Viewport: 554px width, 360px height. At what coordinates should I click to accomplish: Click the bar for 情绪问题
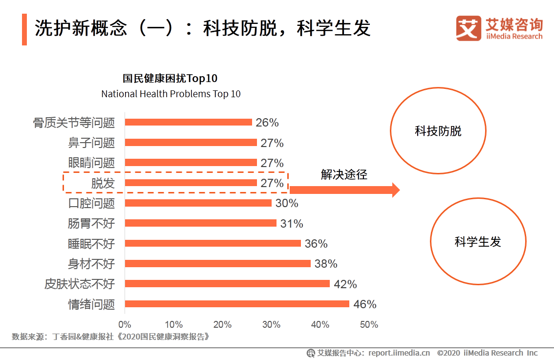[x=237, y=304]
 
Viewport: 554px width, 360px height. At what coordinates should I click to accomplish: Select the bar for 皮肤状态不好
[x=227, y=284]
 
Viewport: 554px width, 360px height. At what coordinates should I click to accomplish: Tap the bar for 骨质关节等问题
[x=189, y=122]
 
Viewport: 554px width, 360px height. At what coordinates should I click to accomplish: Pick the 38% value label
[x=326, y=264]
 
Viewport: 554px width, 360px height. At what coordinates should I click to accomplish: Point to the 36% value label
[x=316, y=244]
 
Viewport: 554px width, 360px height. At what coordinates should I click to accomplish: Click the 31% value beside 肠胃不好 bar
[x=292, y=224]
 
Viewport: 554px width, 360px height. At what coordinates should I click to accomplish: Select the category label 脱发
[x=103, y=183]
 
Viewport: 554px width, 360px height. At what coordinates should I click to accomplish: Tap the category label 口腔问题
[x=91, y=203]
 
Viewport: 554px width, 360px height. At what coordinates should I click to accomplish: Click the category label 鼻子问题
[x=91, y=143]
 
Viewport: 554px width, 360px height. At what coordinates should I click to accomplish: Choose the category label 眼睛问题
[x=91, y=163]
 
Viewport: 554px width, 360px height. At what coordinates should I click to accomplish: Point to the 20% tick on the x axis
[x=222, y=325]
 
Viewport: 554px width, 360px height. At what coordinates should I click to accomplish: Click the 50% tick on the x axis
[x=369, y=325]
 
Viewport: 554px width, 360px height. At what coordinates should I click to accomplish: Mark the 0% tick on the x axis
[x=125, y=325]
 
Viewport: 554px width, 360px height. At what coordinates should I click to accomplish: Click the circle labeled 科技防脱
[x=438, y=131]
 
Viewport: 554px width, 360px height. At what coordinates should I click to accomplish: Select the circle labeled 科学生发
[x=478, y=241]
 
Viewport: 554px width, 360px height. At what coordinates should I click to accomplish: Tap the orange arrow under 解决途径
[x=344, y=190]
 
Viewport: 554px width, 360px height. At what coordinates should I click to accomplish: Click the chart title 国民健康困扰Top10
[x=170, y=79]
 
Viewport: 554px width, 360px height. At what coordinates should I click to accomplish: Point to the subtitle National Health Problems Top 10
[x=171, y=94]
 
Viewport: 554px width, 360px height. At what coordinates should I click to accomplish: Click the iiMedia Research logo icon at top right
[x=469, y=28]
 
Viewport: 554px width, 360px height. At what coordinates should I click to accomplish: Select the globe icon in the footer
[x=311, y=353]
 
